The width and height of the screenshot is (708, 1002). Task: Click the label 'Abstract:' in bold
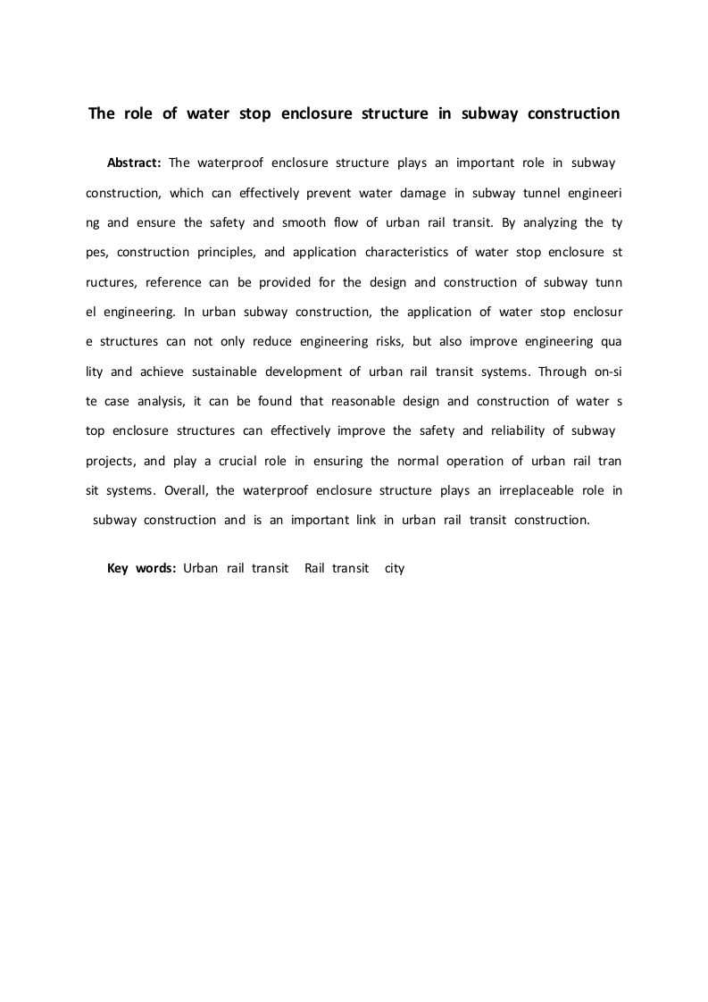(x=133, y=163)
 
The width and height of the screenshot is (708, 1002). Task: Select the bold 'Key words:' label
(x=141, y=568)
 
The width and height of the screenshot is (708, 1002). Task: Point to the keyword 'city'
(x=395, y=568)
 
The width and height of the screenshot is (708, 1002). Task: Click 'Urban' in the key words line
(x=201, y=568)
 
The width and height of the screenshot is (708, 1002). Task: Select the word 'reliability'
(x=514, y=430)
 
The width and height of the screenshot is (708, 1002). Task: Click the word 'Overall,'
(x=188, y=490)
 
